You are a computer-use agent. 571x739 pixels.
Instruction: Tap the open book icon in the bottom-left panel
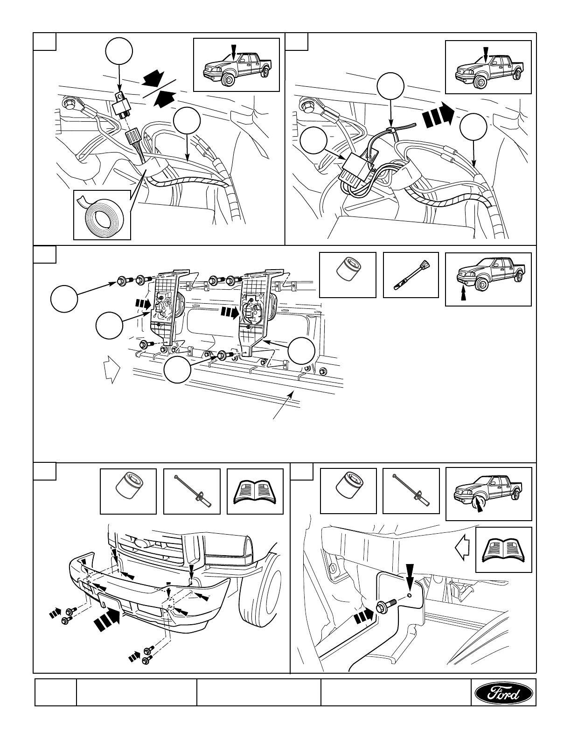[x=255, y=492]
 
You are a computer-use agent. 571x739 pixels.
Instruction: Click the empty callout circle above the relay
[x=119, y=52]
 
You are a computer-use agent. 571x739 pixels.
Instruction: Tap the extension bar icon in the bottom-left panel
[x=192, y=492]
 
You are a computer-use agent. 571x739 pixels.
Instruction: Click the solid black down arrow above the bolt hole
[x=409, y=577]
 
